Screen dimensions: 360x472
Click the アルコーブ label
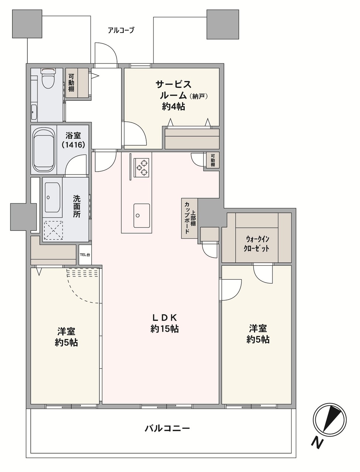(121, 30)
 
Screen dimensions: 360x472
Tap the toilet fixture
(48, 78)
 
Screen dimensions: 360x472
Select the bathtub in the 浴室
(44, 150)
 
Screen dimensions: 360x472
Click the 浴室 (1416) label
(73, 140)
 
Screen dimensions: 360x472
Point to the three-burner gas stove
(141, 168)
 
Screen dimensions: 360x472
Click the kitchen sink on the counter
(141, 216)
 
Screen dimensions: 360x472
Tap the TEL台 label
(85, 255)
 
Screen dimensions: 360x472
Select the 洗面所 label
(76, 206)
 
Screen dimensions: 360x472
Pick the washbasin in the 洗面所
(52, 197)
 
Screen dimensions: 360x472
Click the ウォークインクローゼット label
(256, 244)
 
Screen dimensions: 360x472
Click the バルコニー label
(167, 428)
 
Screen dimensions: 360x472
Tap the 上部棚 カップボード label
(189, 218)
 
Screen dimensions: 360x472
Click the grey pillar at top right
(223, 24)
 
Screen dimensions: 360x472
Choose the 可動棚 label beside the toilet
(71, 83)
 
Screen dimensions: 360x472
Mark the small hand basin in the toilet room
(34, 112)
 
